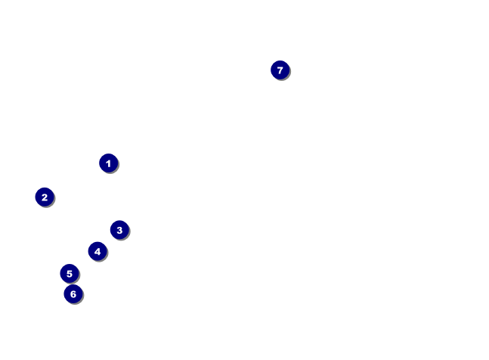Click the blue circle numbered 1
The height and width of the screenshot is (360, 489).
tap(108, 163)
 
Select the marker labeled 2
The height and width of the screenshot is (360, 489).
tap(45, 197)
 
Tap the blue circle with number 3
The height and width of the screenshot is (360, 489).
tap(119, 230)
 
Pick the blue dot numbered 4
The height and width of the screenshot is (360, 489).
tap(97, 251)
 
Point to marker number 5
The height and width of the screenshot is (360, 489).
tap(70, 273)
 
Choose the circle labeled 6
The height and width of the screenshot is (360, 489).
tap(73, 293)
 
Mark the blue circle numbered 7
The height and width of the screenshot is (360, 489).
tap(280, 70)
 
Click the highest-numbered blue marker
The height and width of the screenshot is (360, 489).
tap(280, 70)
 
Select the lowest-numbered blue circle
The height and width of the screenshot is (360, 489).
tap(108, 163)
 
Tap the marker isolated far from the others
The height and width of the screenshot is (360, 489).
tap(280, 70)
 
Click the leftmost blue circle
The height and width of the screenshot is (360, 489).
tap(45, 197)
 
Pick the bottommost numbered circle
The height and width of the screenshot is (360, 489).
tap(73, 293)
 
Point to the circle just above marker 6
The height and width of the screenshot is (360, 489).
tap(70, 273)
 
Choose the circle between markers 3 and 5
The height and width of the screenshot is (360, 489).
tap(97, 251)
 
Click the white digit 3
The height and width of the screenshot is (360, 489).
tap(119, 230)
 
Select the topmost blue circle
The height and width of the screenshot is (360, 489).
tap(280, 70)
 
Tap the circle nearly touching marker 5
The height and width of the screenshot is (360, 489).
tap(73, 293)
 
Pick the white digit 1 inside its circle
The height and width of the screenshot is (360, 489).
tap(108, 163)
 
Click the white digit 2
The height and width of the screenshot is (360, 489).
tap(45, 197)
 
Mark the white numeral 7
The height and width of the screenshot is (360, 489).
tap(280, 70)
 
